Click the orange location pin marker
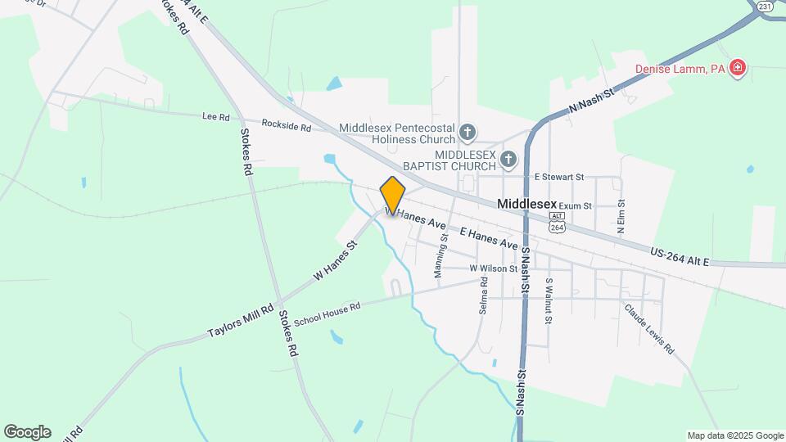pyautogui.click(x=393, y=195)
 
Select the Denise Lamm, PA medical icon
pyautogui.click(x=738, y=68)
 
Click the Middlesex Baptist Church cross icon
pyautogui.click(x=508, y=159)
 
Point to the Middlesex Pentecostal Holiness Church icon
pyautogui.click(x=467, y=132)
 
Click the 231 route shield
pyautogui.click(x=765, y=6)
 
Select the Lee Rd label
pyautogui.click(x=216, y=117)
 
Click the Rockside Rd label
pyautogui.click(x=287, y=127)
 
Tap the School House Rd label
pyautogui.click(x=327, y=313)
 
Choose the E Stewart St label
pyautogui.click(x=558, y=176)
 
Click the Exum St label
pyautogui.click(x=575, y=205)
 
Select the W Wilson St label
pyautogui.click(x=494, y=268)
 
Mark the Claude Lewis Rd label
pyautogui.click(x=648, y=330)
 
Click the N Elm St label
pyautogui.click(x=621, y=216)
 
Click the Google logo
pyautogui.click(x=27, y=432)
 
